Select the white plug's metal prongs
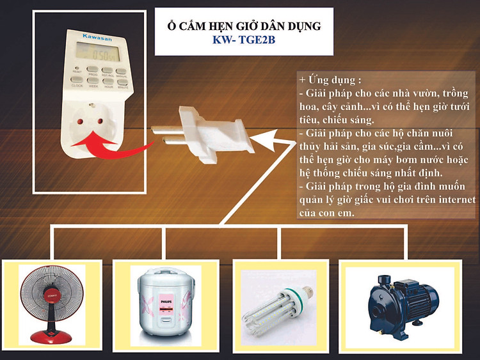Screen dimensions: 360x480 (168, 131)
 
